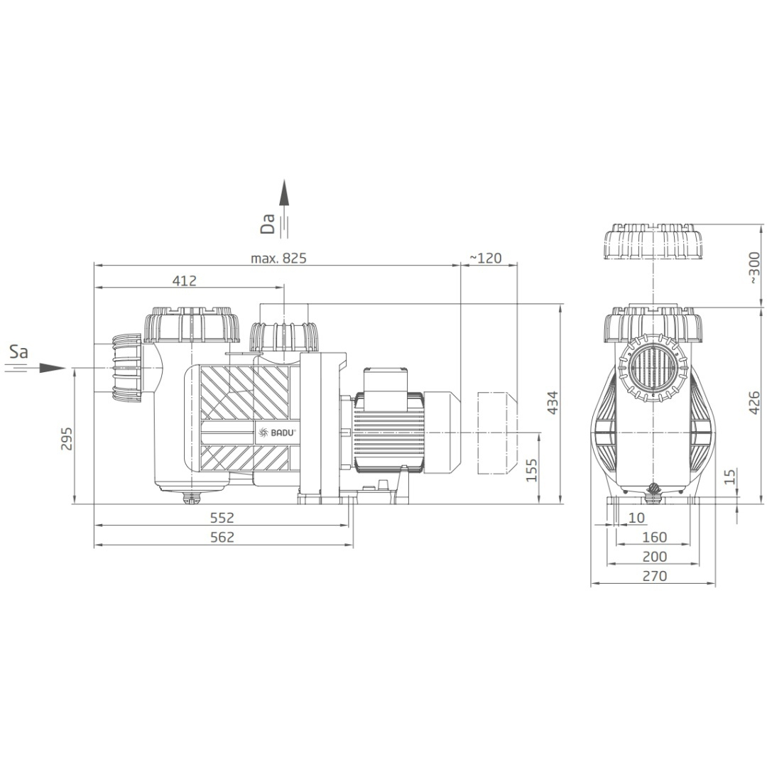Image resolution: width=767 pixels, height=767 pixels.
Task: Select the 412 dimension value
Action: pos(185,281)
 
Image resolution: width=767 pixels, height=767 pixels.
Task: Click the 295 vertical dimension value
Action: pos(66,439)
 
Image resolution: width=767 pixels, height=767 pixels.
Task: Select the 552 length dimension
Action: pos(222,517)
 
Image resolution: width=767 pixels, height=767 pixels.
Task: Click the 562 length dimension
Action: pos(222,537)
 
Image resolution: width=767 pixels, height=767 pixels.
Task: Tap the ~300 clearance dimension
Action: pos(754,268)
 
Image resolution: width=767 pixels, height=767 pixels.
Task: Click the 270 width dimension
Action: pos(655,576)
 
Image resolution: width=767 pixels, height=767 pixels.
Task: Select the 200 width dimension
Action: pos(655,557)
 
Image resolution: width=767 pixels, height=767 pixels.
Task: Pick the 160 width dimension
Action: pos(655,537)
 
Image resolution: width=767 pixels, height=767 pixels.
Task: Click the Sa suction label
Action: pos(18,352)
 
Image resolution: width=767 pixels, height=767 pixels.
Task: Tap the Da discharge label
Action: pos(268,224)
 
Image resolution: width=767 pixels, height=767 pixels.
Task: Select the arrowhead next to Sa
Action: pos(52,369)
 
